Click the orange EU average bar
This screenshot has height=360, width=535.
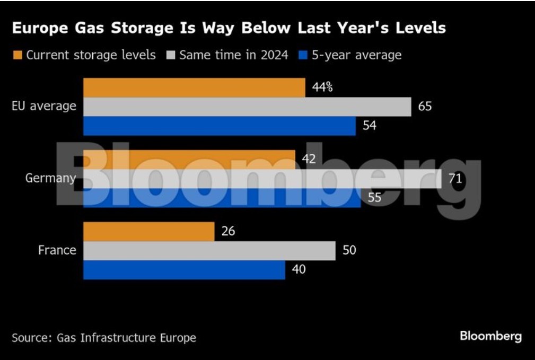pos(194,87)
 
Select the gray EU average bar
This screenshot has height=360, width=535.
pos(247,107)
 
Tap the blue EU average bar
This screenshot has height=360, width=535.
pos(220,126)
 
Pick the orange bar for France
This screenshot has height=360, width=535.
pos(149,232)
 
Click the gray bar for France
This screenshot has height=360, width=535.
pos(209,251)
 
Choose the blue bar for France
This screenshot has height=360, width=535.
pos(184,270)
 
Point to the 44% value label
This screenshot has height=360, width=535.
pos(322,87)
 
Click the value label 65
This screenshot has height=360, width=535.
pos(425,107)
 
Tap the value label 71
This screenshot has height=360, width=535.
pos(455,179)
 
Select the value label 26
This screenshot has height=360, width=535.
pos(227,232)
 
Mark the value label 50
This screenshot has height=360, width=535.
pos(349,251)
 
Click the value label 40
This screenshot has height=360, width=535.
pos(298,270)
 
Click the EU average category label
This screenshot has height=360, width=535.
pos(44,107)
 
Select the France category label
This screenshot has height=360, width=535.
pos(57,251)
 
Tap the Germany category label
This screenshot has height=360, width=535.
pos(50,179)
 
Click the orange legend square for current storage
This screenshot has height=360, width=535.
pos(17,55)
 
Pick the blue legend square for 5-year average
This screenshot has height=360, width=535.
pos(303,55)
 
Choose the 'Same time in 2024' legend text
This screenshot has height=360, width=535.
pos(233,55)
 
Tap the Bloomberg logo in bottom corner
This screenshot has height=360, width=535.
pos(490,336)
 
